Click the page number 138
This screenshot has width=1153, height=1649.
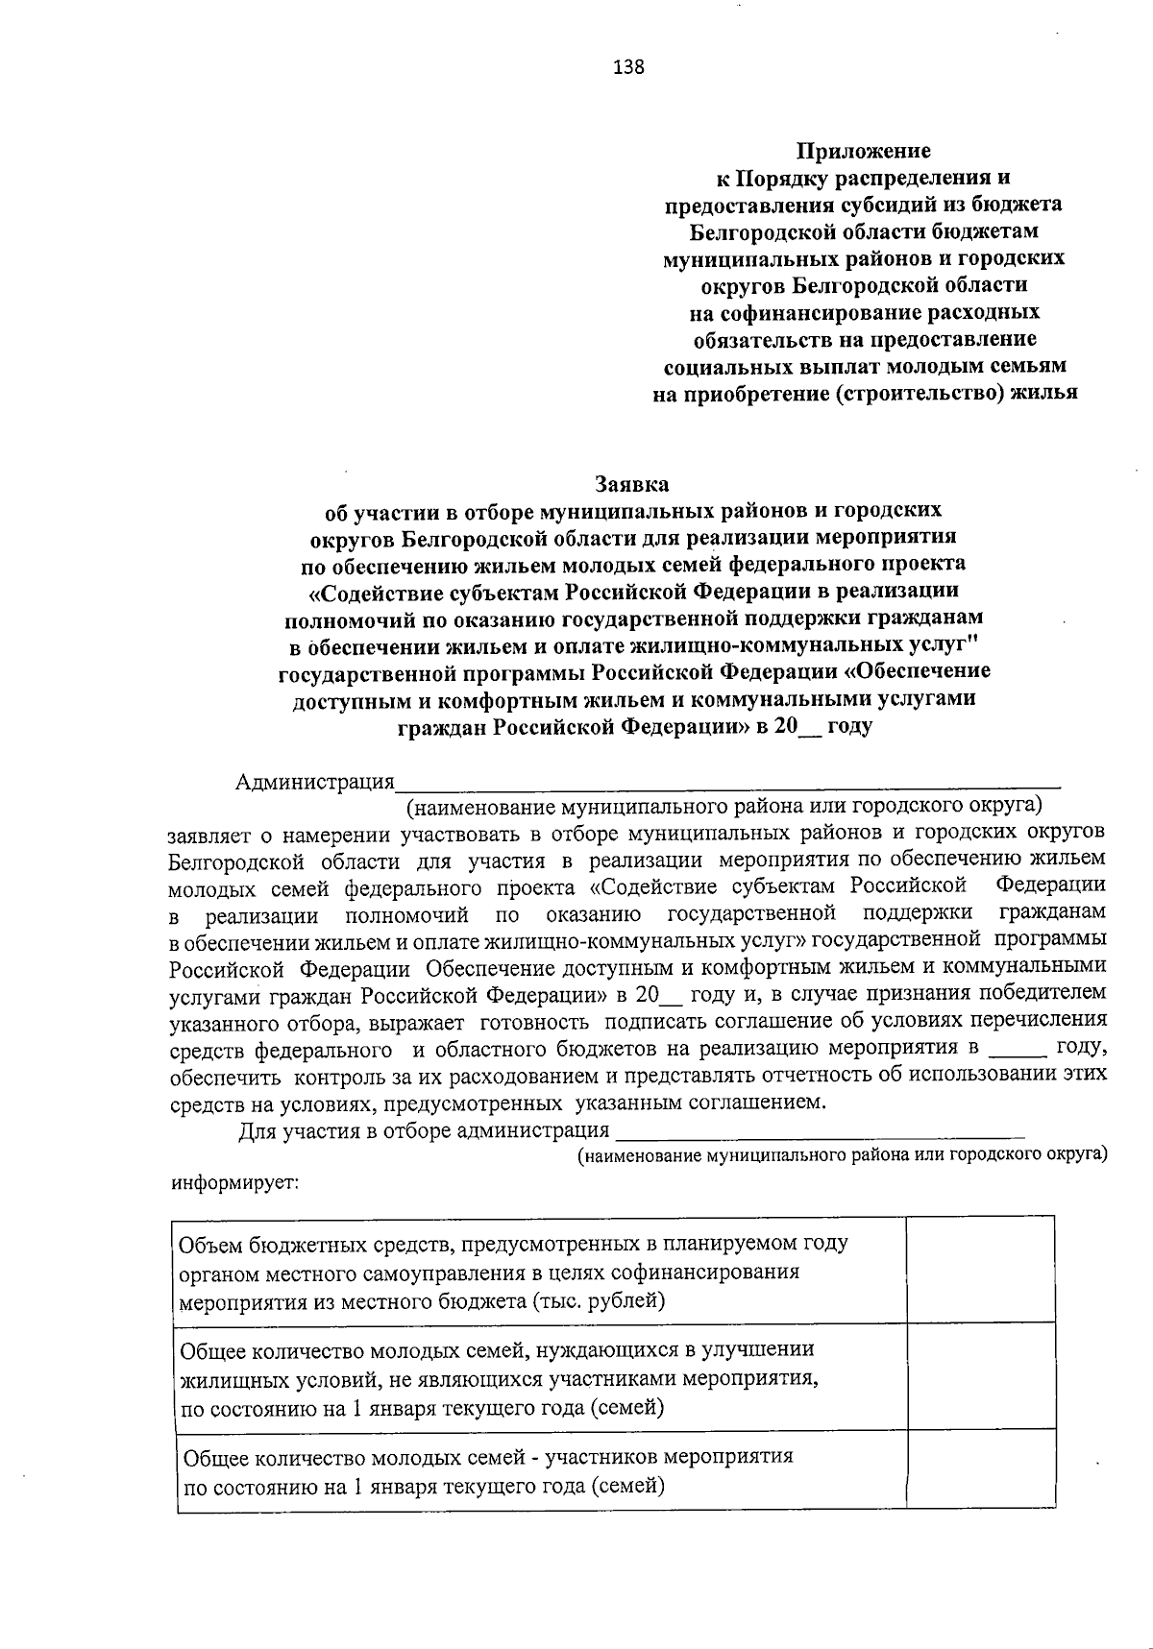point(628,67)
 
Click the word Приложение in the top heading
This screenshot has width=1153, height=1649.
point(863,151)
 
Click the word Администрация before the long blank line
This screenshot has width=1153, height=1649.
point(315,782)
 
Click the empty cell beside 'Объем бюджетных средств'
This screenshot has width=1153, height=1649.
point(980,1270)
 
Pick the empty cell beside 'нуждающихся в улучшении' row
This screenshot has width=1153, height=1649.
point(980,1376)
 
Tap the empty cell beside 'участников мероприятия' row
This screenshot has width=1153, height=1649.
point(980,1470)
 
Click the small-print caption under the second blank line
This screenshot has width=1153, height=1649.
point(842,1154)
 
